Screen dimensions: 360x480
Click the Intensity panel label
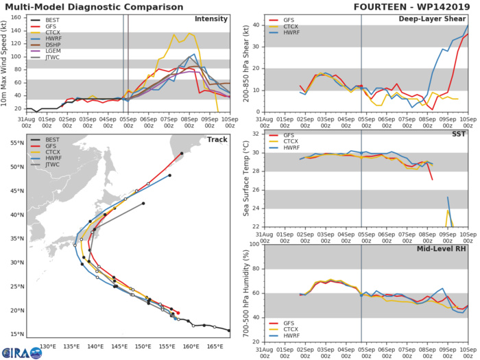pos(211,19)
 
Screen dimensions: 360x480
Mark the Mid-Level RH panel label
pos(443,248)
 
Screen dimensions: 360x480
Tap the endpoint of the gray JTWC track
pos(143,204)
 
